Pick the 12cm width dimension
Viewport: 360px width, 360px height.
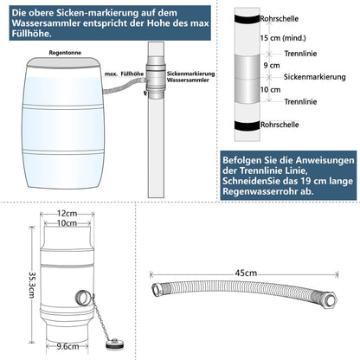tap(69, 213)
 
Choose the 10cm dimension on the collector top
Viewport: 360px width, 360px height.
tap(69, 223)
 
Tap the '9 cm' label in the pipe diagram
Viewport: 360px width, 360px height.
tap(271, 65)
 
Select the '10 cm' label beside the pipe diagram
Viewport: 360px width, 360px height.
tap(271, 90)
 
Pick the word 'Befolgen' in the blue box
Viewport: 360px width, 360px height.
tap(245, 160)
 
